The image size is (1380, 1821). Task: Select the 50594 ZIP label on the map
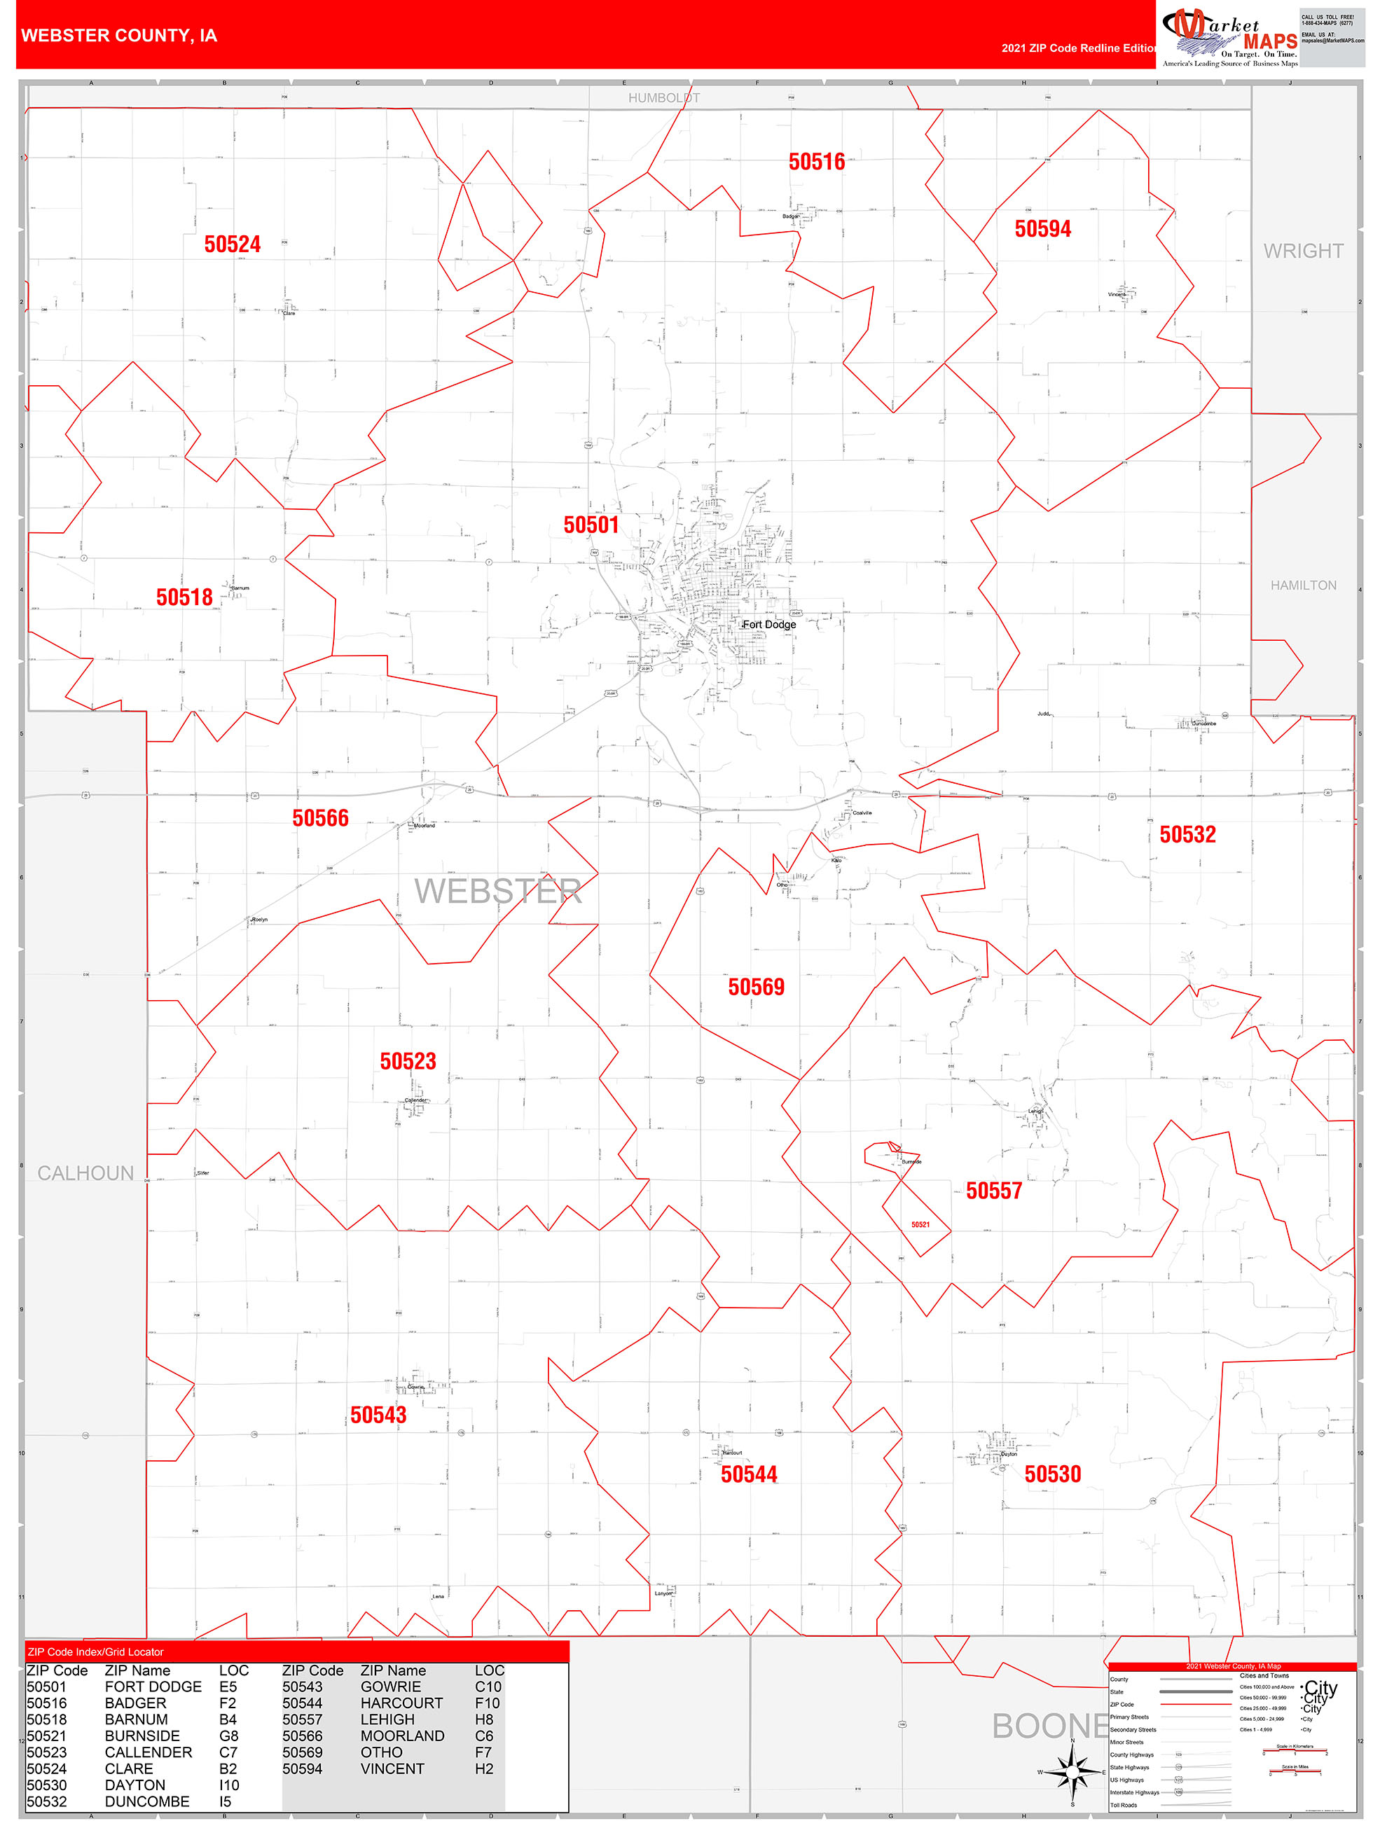[x=1042, y=229]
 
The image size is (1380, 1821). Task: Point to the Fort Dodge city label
[x=770, y=624]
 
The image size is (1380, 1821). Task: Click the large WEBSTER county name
[x=497, y=892]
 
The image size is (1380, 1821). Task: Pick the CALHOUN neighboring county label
[x=85, y=1173]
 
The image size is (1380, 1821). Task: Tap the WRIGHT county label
[x=1303, y=251]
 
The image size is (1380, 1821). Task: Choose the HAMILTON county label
[x=1303, y=586]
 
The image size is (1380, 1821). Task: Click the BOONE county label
[x=1050, y=1726]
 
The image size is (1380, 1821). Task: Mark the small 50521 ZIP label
[x=920, y=1225]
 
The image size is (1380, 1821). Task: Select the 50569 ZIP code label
[x=756, y=987]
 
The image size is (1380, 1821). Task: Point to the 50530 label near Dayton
[x=1052, y=1474]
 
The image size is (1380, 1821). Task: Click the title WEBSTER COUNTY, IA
[x=119, y=36]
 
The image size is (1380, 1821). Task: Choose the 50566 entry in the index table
[x=302, y=1736]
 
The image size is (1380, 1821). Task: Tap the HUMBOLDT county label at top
[x=663, y=98]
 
